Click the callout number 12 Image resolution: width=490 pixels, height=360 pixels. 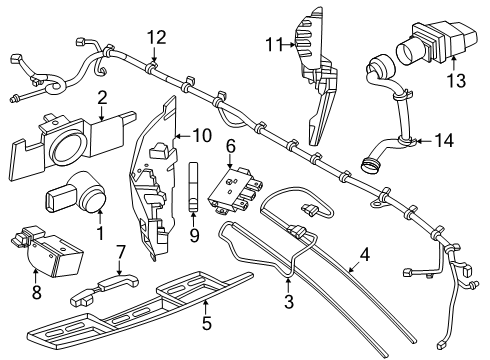coord(157,38)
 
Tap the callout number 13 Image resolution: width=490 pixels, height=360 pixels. coord(456,80)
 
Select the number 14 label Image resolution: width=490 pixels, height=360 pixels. coord(444,140)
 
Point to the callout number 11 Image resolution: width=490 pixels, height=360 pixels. coord(274,45)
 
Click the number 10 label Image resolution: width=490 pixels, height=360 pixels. coord(202,136)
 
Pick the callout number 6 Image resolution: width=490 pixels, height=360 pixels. coord(230,146)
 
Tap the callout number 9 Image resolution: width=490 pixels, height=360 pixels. coord(194,235)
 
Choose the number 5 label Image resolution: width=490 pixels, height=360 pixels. coord(207,323)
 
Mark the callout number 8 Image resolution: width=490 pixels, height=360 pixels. coord(36,292)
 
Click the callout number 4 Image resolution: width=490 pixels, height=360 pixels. coord(365,255)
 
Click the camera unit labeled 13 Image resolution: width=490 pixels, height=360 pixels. coord(436,44)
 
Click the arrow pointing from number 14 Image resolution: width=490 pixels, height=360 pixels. coord(424,141)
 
